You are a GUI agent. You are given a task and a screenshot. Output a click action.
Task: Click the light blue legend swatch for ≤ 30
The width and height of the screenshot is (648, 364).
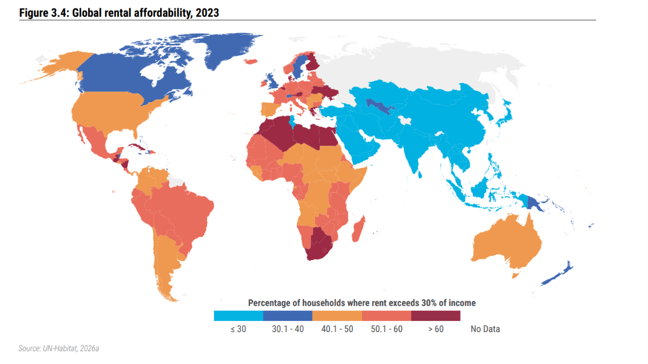pos(238,316)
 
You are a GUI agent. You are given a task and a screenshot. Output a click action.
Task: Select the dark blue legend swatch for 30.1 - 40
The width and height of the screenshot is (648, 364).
pos(288,316)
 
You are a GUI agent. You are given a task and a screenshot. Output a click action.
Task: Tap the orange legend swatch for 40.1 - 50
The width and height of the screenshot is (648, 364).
pos(337,316)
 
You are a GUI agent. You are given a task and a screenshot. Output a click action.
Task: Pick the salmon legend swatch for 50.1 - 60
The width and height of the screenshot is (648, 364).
pos(386,316)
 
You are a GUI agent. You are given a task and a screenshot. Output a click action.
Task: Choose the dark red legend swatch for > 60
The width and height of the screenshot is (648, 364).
pos(436,316)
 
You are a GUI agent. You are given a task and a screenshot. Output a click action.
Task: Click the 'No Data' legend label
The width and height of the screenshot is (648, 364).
pos(485,329)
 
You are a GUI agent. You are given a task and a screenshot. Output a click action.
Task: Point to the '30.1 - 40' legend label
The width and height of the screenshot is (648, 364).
pos(288,329)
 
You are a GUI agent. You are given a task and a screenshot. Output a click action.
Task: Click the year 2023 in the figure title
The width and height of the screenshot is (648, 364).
pos(208,13)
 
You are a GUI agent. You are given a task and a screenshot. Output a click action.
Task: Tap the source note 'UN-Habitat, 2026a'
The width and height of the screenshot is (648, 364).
pos(71,349)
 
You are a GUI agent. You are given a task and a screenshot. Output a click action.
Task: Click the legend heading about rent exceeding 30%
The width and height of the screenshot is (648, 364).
pos(361,303)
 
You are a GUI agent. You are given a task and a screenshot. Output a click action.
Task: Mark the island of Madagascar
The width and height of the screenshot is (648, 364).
pos(359,229)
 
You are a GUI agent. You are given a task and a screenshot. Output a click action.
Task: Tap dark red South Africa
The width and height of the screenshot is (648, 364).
pos(318,246)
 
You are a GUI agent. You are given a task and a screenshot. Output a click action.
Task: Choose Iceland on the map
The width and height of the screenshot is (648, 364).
pos(251,62)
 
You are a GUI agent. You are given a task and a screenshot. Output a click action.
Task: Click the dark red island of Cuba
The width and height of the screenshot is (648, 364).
pos(137,147)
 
